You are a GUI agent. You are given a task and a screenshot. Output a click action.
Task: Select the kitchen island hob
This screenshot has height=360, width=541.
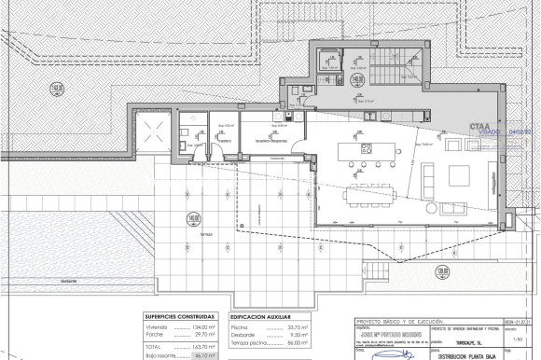[367, 148]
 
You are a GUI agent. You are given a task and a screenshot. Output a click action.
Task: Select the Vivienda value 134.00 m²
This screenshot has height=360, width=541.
[201, 326]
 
